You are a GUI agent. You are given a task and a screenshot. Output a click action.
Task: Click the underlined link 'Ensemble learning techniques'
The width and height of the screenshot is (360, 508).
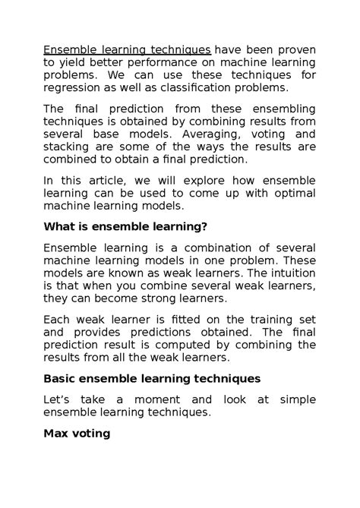126,50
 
